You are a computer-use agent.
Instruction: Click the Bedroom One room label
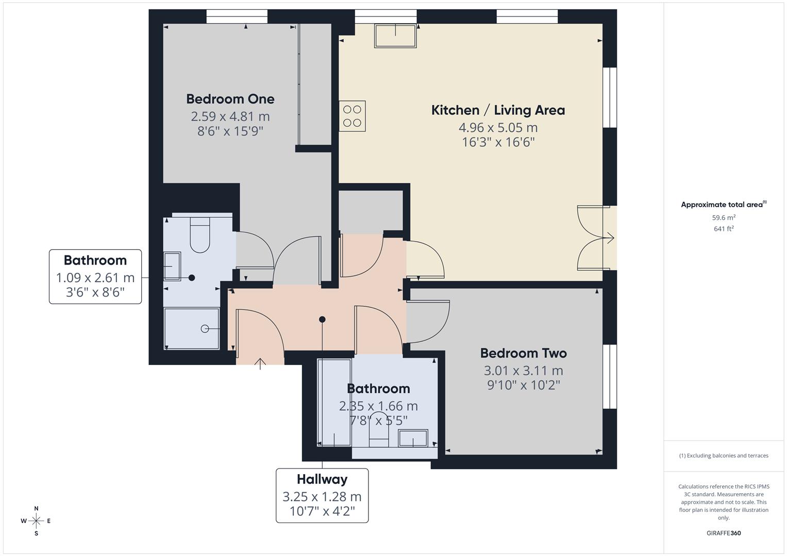[230, 99]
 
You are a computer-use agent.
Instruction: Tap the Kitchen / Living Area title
[498, 110]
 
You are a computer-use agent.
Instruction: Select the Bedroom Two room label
[523, 353]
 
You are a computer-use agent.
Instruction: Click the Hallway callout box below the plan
[322, 495]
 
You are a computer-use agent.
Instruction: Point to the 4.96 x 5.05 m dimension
[498, 127]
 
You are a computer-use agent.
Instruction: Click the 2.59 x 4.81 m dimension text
[230, 116]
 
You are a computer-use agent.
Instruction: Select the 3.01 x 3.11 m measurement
[523, 370]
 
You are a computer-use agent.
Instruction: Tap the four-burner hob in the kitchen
[353, 116]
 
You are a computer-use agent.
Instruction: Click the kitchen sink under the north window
[395, 36]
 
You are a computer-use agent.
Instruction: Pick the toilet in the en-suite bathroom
[200, 234]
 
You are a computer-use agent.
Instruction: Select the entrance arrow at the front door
[260, 363]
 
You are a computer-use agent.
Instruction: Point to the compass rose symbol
[36, 520]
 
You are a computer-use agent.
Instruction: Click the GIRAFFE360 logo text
[724, 533]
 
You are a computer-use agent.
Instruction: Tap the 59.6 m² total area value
[724, 218]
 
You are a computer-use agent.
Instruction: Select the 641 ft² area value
[724, 229]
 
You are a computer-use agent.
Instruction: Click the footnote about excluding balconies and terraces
[724, 456]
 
